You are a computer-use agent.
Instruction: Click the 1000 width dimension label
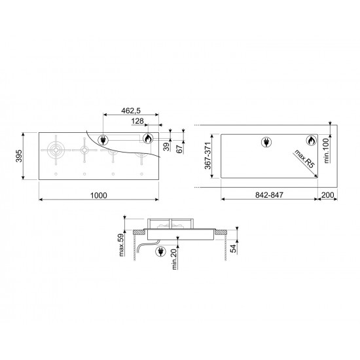coord(98,196)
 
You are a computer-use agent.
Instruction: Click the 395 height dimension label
coord(19,156)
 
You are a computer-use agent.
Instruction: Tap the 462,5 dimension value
coord(131,111)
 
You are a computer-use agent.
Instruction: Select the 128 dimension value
coord(137,121)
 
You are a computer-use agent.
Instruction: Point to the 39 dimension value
coord(167,147)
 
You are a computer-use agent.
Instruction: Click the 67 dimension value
coord(179,149)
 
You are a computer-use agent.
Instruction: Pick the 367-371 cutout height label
coord(207,155)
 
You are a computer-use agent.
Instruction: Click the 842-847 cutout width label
coord(269,195)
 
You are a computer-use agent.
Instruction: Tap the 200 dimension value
coord(327,195)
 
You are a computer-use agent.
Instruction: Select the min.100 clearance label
coord(326,151)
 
